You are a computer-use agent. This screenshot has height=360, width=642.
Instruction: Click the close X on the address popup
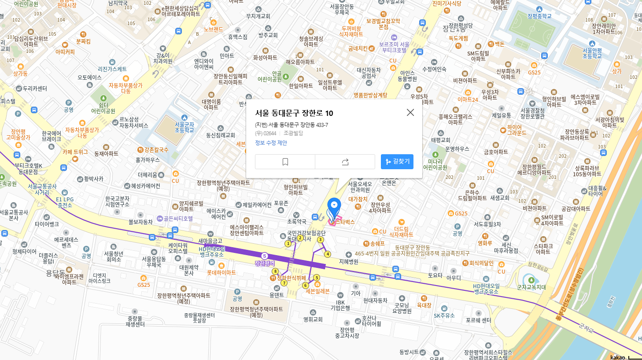point(410,112)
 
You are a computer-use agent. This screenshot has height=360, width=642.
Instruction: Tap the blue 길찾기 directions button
point(397,162)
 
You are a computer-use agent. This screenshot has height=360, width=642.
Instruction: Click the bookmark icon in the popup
point(285,162)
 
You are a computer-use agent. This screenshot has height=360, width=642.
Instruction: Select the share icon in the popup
point(345,162)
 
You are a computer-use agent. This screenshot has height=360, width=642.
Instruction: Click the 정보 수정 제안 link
point(271,143)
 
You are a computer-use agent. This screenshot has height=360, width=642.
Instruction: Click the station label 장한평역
point(264,264)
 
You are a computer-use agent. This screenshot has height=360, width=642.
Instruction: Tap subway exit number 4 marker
point(327,254)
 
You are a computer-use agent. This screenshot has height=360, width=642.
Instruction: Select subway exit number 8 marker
point(275,271)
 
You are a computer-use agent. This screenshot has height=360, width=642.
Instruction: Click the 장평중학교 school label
point(539,16)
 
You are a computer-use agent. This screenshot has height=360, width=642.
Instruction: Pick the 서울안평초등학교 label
point(592,53)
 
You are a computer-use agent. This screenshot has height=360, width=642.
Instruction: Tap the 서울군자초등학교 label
point(184,127)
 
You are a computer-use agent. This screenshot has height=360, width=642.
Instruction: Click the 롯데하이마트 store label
point(221,273)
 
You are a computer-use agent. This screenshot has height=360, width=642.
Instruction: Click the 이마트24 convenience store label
point(468,100)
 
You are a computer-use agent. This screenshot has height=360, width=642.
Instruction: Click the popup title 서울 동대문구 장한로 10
point(294,113)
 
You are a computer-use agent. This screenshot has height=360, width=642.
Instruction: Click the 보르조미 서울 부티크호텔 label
point(394,47)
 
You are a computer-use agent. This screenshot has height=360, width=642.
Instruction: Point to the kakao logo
point(617,357)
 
